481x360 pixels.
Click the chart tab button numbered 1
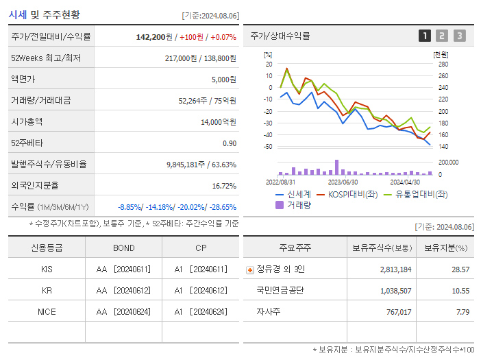[x=425, y=36]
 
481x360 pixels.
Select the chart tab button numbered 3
[x=459, y=36]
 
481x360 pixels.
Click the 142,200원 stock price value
[x=154, y=36]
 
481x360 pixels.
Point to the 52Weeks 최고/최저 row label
[x=46, y=58]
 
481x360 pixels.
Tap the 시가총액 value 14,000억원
[x=220, y=122]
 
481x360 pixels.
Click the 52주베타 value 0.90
[x=230, y=143]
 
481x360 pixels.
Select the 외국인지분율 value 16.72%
[x=224, y=186]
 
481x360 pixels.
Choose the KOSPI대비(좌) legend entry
[x=348, y=194]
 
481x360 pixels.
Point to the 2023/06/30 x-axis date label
[x=343, y=182]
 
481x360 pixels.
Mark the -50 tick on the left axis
[x=269, y=147]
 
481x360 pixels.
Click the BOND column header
[x=124, y=248]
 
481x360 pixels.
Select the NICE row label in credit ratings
[x=47, y=311]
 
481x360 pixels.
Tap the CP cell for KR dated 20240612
[x=200, y=291]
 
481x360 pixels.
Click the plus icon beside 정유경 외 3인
[x=249, y=269]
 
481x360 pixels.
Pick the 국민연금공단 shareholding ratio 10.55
[x=460, y=291]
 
